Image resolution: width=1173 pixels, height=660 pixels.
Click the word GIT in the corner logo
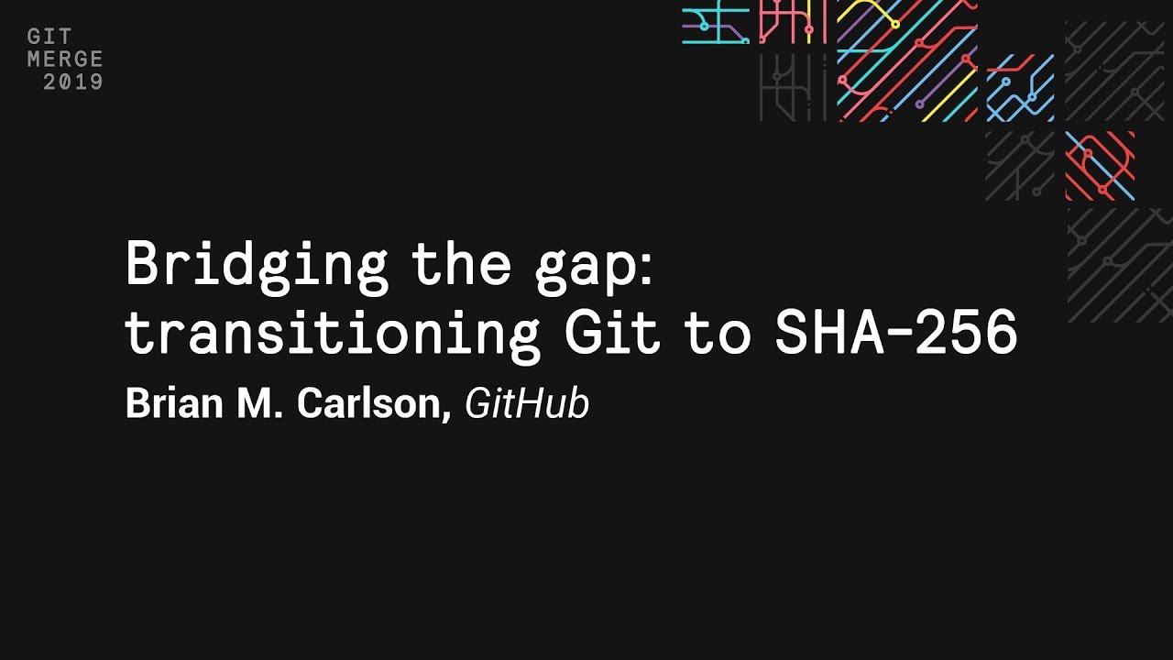pyautogui.click(x=43, y=38)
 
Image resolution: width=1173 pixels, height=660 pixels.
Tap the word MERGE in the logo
pyautogui.click(x=64, y=60)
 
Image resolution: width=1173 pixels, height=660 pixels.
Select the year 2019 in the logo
pyautogui.click(x=73, y=82)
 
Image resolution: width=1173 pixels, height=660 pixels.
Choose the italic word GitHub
pyautogui.click(x=526, y=403)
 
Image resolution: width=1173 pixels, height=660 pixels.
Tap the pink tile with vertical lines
pyautogui.click(x=793, y=23)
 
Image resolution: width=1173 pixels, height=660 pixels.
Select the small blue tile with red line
pyautogui.click(x=1020, y=88)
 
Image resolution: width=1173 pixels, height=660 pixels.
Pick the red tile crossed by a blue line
pyautogui.click(x=1100, y=166)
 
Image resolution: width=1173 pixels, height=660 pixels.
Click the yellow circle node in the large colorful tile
pyautogui.click(x=895, y=23)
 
